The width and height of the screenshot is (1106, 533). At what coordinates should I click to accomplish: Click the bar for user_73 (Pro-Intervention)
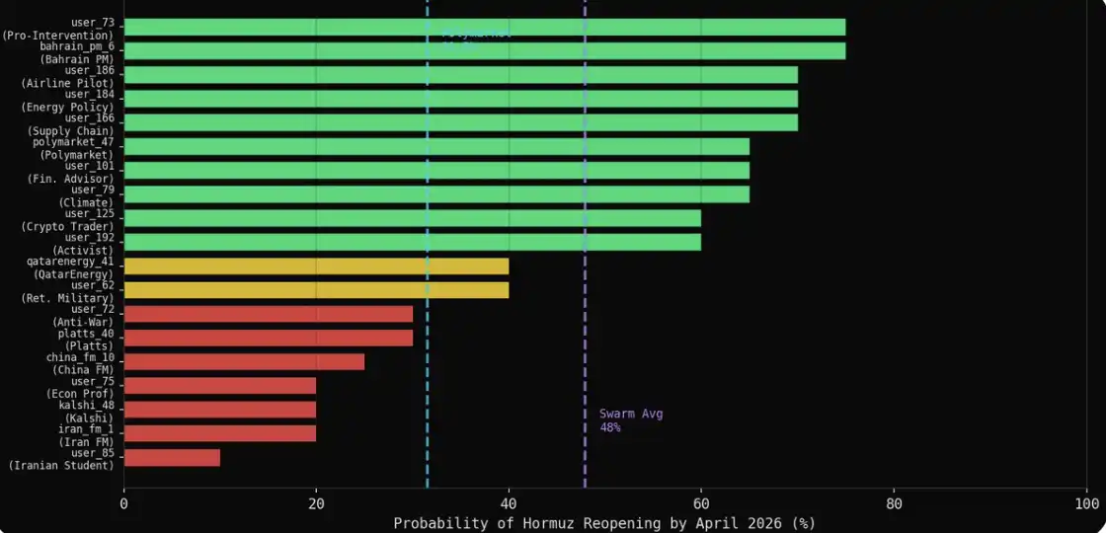click(484, 28)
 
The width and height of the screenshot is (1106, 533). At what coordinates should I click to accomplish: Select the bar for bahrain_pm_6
click(484, 51)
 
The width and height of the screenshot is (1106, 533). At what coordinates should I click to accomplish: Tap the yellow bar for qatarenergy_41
click(316, 266)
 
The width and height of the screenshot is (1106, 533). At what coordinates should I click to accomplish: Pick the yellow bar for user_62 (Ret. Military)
click(316, 290)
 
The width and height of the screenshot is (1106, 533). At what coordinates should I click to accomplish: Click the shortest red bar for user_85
click(172, 458)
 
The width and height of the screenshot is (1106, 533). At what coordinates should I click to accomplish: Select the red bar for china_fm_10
click(244, 362)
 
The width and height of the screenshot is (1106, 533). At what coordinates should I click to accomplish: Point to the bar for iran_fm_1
click(219, 433)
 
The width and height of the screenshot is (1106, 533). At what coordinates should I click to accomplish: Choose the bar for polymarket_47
click(436, 147)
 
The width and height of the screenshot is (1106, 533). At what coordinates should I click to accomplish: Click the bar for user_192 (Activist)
click(412, 243)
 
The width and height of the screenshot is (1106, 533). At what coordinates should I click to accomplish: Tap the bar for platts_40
click(268, 338)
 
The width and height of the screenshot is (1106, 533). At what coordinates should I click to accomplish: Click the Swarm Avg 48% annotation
click(630, 420)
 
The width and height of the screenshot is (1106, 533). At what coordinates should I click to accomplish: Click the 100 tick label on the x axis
click(1086, 503)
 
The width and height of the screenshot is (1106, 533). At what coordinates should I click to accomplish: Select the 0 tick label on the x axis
click(124, 503)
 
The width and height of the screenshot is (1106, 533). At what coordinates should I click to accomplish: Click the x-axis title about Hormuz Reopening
click(604, 523)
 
